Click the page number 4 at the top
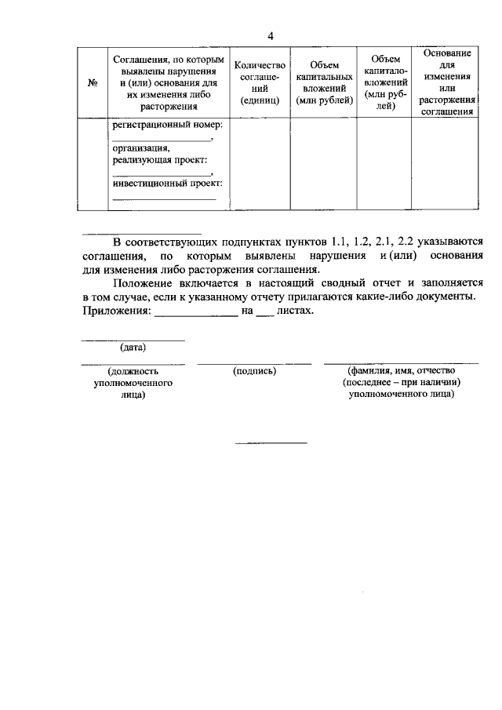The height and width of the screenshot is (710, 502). pyautogui.click(x=271, y=37)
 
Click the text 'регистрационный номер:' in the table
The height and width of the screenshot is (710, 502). pyautogui.click(x=167, y=125)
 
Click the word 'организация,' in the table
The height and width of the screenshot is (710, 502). pyautogui.click(x=140, y=147)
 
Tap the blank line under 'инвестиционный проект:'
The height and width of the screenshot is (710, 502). pyautogui.click(x=164, y=199)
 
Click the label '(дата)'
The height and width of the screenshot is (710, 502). pyautogui.click(x=133, y=347)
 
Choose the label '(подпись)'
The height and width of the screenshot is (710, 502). pyautogui.click(x=254, y=371)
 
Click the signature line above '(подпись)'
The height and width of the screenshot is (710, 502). pyautogui.click(x=254, y=363)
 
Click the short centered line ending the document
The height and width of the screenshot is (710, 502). pyautogui.click(x=271, y=443)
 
